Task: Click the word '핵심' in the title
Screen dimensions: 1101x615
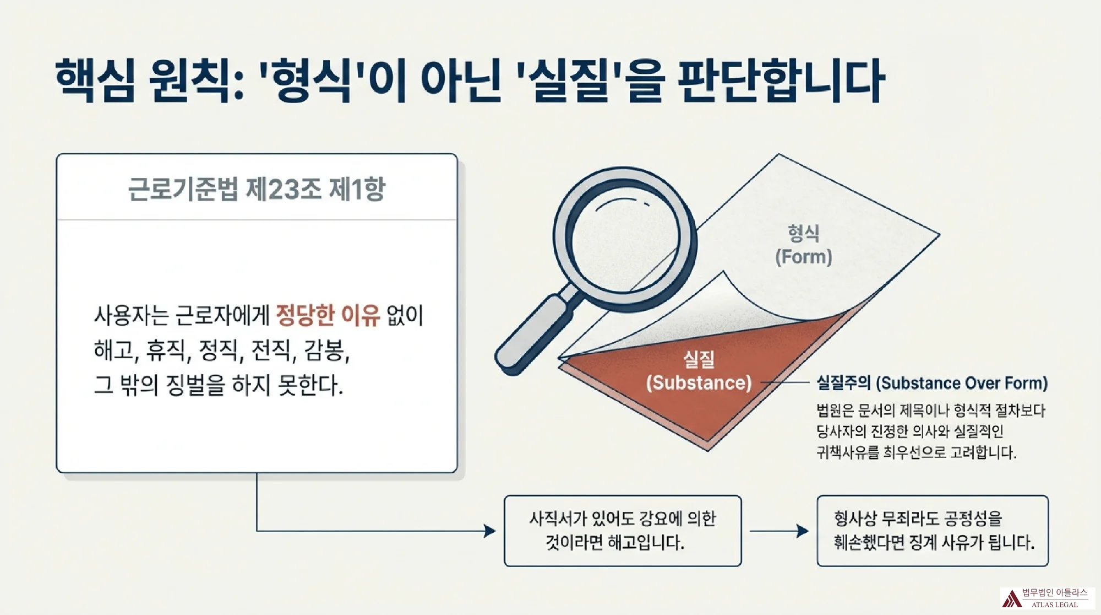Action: coord(95,80)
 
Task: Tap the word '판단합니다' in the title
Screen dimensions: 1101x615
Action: coord(781,80)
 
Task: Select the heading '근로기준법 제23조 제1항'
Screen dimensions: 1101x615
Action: coord(257,189)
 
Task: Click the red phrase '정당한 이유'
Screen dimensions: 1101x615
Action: coord(328,315)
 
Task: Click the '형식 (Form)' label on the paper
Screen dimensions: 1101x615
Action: coord(804,245)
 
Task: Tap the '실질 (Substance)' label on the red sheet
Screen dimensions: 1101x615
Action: coord(699,371)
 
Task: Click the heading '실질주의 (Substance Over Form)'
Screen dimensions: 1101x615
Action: coord(932,382)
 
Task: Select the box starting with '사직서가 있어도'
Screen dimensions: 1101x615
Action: coord(623,531)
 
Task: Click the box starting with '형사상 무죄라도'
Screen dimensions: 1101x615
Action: coord(933,531)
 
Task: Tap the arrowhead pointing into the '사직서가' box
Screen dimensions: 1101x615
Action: coord(490,531)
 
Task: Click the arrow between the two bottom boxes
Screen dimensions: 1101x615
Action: coord(779,531)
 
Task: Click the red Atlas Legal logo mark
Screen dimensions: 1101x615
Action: coord(1011,598)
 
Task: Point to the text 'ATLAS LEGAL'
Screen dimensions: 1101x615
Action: coord(1054,605)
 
